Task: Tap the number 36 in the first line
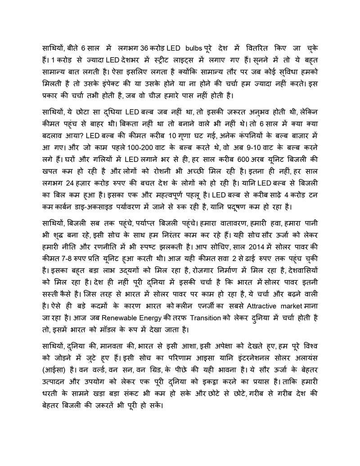144,48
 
